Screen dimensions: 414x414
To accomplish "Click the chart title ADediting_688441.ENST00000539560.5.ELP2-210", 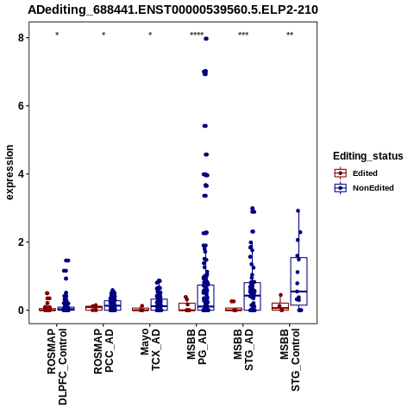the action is pyautogui.click(x=172, y=10).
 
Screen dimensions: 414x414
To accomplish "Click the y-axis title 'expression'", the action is pyautogui.click(x=9, y=172).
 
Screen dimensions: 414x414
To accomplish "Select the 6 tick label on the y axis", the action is pyautogui.click(x=22, y=106).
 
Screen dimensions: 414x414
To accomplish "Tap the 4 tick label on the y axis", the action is pyautogui.click(x=22, y=174).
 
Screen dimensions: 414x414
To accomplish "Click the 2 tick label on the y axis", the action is pyautogui.click(x=22, y=242).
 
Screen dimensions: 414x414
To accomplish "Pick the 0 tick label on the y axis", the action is pyautogui.click(x=22, y=310).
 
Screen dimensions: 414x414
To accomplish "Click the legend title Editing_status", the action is pyautogui.click(x=368, y=156).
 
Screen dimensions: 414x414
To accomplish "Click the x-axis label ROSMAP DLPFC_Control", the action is pyautogui.click(x=57, y=367).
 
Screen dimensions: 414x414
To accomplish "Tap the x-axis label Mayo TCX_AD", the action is pyautogui.click(x=150, y=349).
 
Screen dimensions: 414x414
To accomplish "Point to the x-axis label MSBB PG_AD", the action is pyautogui.click(x=197, y=347).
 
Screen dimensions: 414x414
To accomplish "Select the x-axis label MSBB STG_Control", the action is pyautogui.click(x=290, y=360).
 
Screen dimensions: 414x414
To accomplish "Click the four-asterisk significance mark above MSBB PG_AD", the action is pyautogui.click(x=197, y=34).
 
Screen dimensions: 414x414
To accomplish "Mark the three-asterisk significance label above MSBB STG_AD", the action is pyautogui.click(x=243, y=34).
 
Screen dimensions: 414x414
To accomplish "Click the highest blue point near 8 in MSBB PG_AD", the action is pyautogui.click(x=206, y=39).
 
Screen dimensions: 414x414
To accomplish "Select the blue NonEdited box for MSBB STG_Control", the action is pyautogui.click(x=299, y=281).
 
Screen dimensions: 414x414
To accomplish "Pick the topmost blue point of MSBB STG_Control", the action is pyautogui.click(x=298, y=210).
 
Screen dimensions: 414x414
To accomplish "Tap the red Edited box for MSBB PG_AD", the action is pyautogui.click(x=187, y=307).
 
